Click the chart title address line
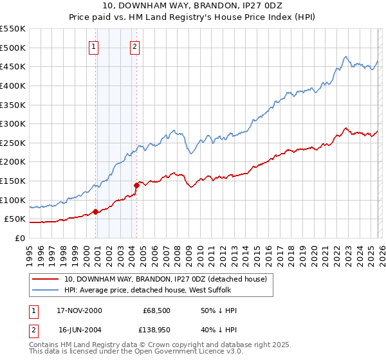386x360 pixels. coord(192,6)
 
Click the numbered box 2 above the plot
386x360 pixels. coord(135,46)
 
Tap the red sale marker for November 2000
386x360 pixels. coord(95,211)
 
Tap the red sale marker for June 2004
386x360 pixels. coord(136,185)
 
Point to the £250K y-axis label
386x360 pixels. coord(13,143)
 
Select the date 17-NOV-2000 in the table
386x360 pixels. coord(80,310)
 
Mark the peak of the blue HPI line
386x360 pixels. coord(346,57)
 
